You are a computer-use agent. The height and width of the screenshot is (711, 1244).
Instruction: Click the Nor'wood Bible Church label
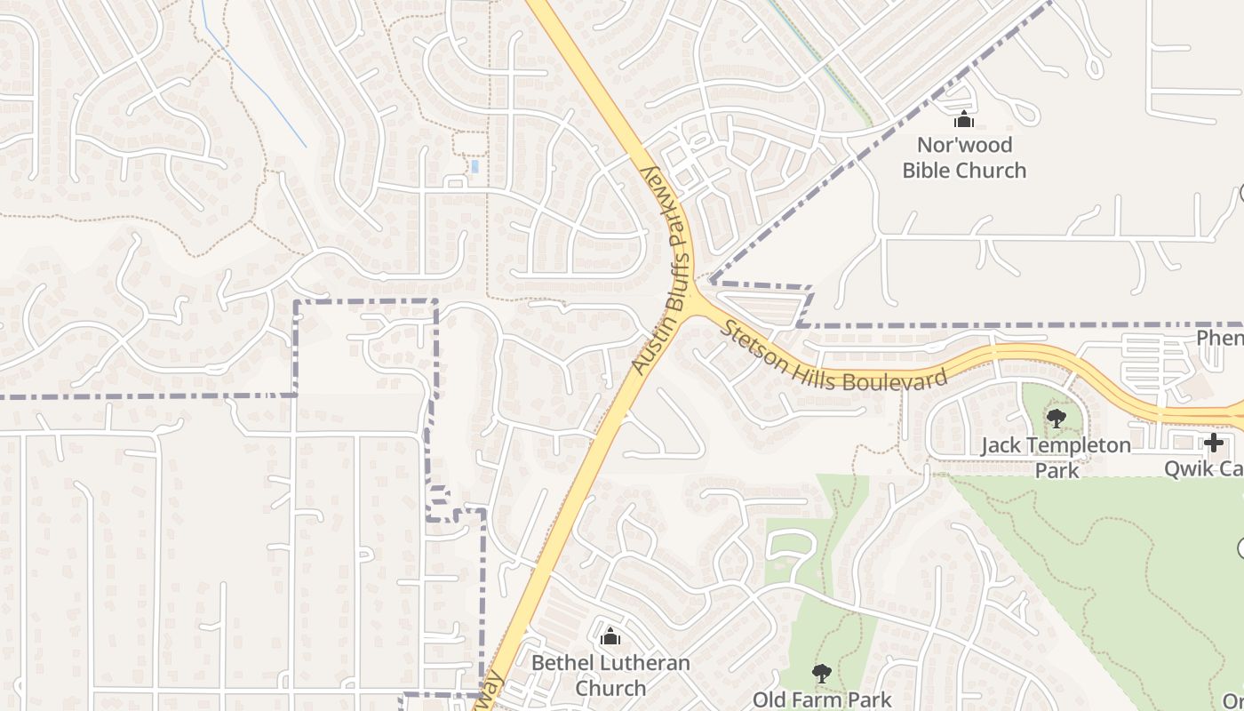[x=964, y=157]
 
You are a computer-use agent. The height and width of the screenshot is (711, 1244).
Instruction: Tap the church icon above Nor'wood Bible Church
[x=964, y=120]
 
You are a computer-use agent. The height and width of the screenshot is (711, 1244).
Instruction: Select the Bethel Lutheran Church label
[x=610, y=675]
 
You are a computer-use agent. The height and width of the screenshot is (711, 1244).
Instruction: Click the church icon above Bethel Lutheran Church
[x=610, y=636]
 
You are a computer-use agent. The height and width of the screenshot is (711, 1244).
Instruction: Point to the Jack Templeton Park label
[x=1056, y=457]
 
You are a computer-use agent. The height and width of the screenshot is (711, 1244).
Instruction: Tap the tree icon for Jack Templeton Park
[x=1056, y=418]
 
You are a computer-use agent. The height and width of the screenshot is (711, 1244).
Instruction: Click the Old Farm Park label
[x=822, y=699]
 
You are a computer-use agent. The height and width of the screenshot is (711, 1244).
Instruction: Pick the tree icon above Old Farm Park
[x=822, y=674]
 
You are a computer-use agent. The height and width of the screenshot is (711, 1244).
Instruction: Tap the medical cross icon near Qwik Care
[x=1214, y=443]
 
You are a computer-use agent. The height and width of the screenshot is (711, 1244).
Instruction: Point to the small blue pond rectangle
[x=474, y=166]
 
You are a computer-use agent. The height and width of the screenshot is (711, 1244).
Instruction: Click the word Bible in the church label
[x=929, y=170]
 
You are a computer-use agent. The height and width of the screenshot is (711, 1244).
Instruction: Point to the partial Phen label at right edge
[x=1219, y=338]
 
